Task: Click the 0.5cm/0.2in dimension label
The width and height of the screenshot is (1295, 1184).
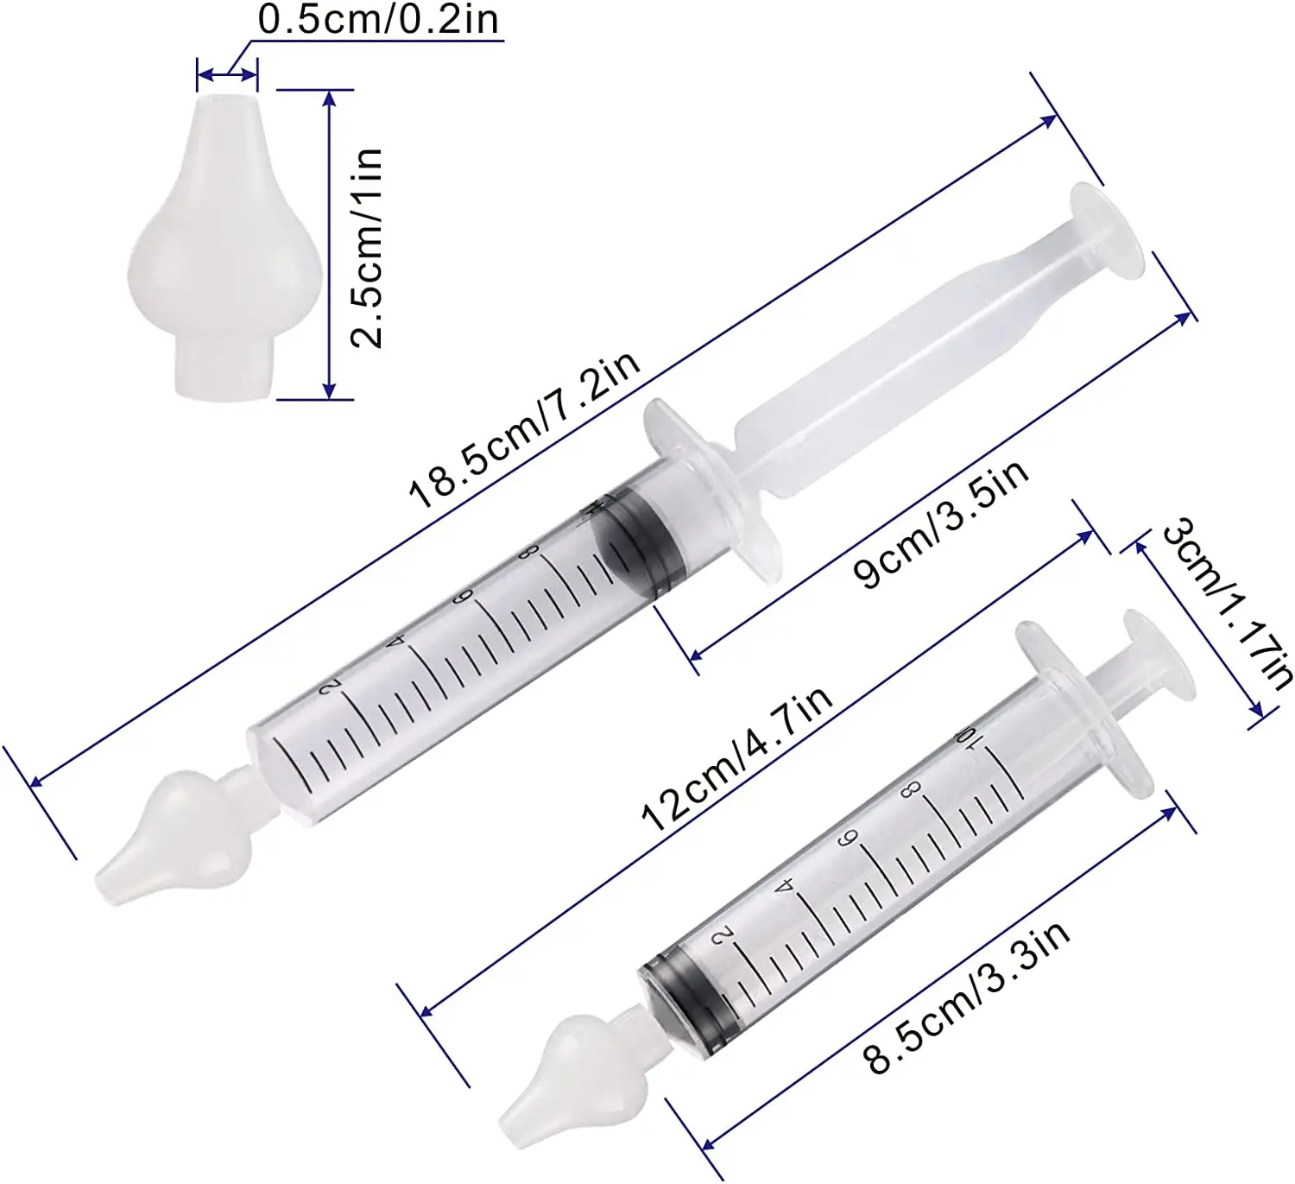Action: pos(378,20)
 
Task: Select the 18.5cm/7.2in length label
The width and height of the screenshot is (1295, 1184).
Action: pos(524,428)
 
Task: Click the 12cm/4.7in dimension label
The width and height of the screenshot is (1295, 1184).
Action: pos(736,759)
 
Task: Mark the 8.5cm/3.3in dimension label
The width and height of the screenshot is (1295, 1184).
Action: pos(969,997)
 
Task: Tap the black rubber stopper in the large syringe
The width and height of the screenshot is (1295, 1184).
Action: pos(641,543)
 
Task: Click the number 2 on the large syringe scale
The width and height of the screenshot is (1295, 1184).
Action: pos(329,687)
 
